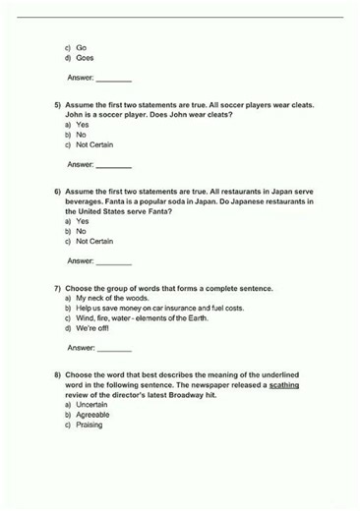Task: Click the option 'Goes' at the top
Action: click(85, 58)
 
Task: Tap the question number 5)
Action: click(58, 104)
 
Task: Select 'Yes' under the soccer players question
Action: click(83, 125)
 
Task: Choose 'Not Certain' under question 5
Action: click(94, 145)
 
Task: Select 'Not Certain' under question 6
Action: click(94, 241)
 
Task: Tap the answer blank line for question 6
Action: click(113, 261)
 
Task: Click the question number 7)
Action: click(58, 288)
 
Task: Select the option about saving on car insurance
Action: click(159, 308)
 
